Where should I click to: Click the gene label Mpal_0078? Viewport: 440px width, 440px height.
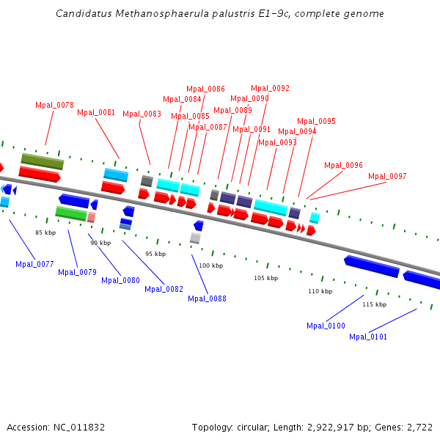point(54,105)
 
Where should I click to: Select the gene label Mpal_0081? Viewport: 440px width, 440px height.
point(96,112)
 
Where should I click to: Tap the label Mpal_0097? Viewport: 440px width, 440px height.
point(387,176)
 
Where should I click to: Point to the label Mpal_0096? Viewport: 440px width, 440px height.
point(343,165)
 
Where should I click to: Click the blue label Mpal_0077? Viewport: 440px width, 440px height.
point(34,264)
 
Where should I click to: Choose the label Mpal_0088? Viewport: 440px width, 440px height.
point(207,298)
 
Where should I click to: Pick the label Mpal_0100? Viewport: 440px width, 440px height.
point(326,326)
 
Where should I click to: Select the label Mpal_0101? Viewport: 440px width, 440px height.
point(368,337)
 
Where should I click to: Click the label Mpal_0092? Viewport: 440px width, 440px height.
point(270,88)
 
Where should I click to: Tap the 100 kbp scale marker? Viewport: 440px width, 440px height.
point(210,265)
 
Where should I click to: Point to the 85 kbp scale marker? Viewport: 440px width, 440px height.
point(45,232)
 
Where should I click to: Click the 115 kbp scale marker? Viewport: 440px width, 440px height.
point(374,304)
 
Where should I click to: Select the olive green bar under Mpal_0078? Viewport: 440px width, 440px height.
point(43,161)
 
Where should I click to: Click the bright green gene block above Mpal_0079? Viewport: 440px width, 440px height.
point(71,213)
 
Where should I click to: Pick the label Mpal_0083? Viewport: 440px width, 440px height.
point(142,114)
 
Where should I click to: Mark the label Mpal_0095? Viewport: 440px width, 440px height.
point(316,121)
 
